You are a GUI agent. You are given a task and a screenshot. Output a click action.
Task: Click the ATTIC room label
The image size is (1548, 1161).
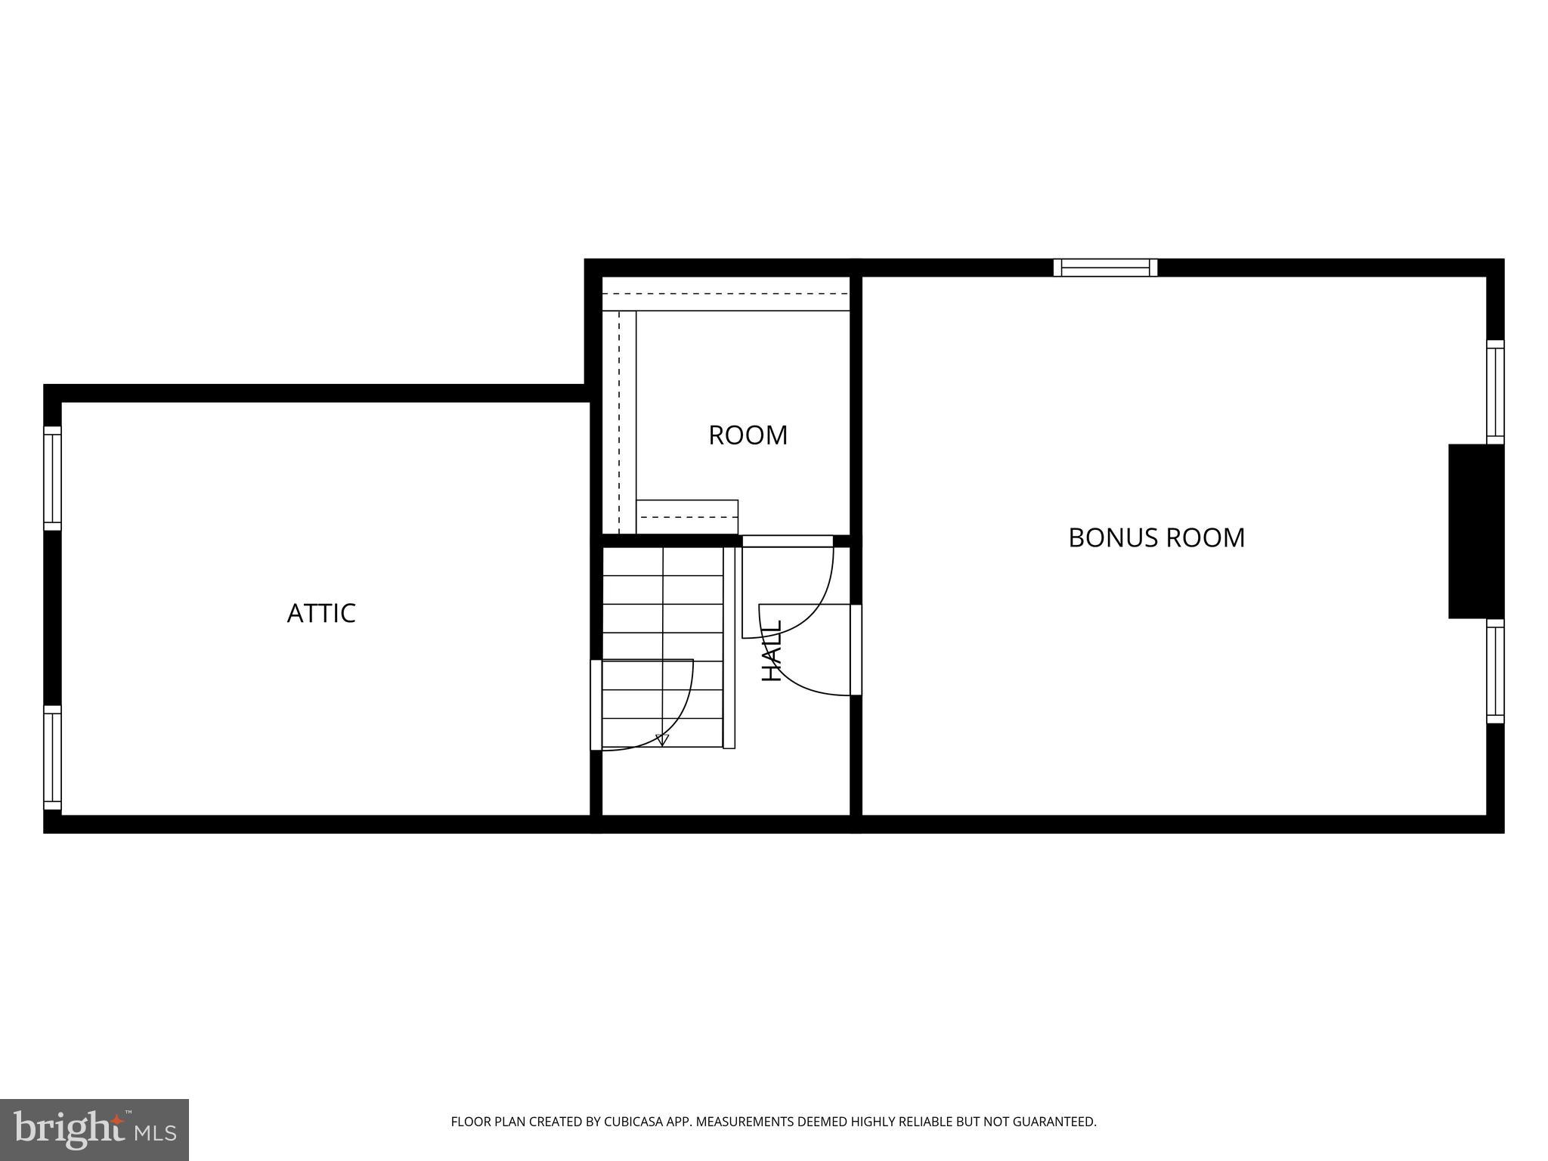coord(321,613)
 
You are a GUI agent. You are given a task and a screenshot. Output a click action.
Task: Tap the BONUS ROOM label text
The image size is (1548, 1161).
coord(1156,537)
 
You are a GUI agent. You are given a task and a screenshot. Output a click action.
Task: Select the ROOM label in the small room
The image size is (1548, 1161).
coord(748,435)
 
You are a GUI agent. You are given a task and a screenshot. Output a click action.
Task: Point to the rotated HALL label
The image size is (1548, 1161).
coord(771,651)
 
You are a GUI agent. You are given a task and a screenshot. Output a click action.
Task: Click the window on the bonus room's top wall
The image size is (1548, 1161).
coord(1105,268)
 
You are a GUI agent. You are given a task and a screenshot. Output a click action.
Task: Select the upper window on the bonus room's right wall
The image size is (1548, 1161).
coord(1494,392)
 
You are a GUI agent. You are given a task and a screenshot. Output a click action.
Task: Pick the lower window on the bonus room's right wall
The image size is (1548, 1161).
coord(1494,671)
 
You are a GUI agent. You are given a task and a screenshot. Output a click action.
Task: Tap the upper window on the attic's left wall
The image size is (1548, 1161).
coord(51,478)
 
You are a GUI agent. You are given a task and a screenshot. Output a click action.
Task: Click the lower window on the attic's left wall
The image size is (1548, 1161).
coord(51,757)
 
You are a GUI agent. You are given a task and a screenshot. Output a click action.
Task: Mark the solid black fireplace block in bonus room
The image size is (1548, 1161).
coord(1474,531)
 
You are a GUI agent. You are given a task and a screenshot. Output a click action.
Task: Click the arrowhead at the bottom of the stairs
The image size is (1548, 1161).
coord(663,740)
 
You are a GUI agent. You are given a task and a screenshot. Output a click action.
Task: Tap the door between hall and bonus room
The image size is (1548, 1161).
coord(856,649)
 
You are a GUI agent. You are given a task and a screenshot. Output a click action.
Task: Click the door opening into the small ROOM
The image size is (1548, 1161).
coord(787,541)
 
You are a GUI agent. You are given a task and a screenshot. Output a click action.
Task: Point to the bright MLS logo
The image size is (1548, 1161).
coord(94,1129)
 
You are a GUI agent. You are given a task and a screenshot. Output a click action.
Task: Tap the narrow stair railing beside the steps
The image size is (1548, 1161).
coord(729,647)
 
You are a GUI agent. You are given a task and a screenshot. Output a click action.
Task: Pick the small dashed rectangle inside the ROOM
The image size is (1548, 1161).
coord(686,517)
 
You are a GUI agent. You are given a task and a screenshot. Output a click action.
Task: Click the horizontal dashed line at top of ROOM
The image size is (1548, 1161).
coord(726,293)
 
